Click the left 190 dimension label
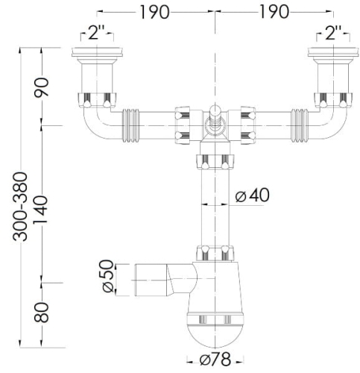tap(154, 12)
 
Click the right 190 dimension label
tap(274, 12)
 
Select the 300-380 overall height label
tap(20, 207)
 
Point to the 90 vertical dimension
tap(42, 87)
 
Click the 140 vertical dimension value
tap(41, 210)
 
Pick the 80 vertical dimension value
tap(42, 313)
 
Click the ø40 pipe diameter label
tap(252, 195)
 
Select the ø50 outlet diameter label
tap(108, 276)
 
